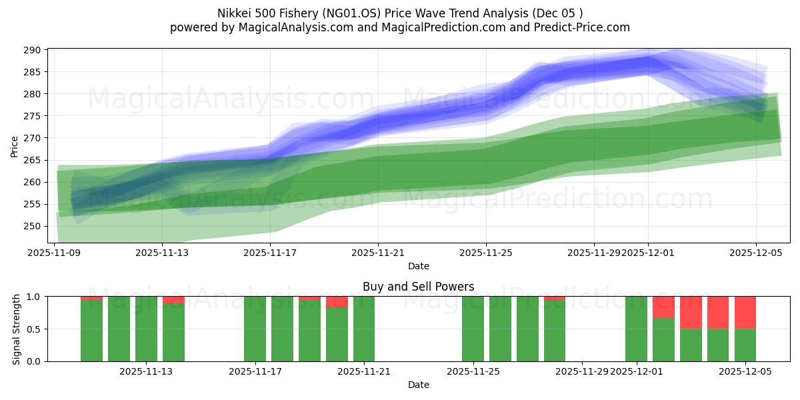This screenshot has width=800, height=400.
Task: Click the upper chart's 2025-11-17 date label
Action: point(270,253)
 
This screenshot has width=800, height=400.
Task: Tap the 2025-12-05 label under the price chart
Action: point(756,253)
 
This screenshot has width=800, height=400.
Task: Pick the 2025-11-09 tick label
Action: point(55,253)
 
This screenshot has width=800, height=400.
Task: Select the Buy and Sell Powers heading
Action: point(418,287)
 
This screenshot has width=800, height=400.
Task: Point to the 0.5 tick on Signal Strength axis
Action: point(33,329)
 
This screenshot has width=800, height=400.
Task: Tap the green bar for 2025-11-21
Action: point(364,329)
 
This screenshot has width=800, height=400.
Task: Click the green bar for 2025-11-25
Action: point(473,329)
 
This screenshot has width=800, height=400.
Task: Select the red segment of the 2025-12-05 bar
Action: point(745,312)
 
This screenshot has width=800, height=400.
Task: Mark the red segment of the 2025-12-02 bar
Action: point(663,307)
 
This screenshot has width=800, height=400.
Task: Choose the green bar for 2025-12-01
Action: point(636,329)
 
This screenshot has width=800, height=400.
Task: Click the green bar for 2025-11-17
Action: point(255,329)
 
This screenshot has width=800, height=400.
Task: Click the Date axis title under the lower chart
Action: point(418,385)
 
